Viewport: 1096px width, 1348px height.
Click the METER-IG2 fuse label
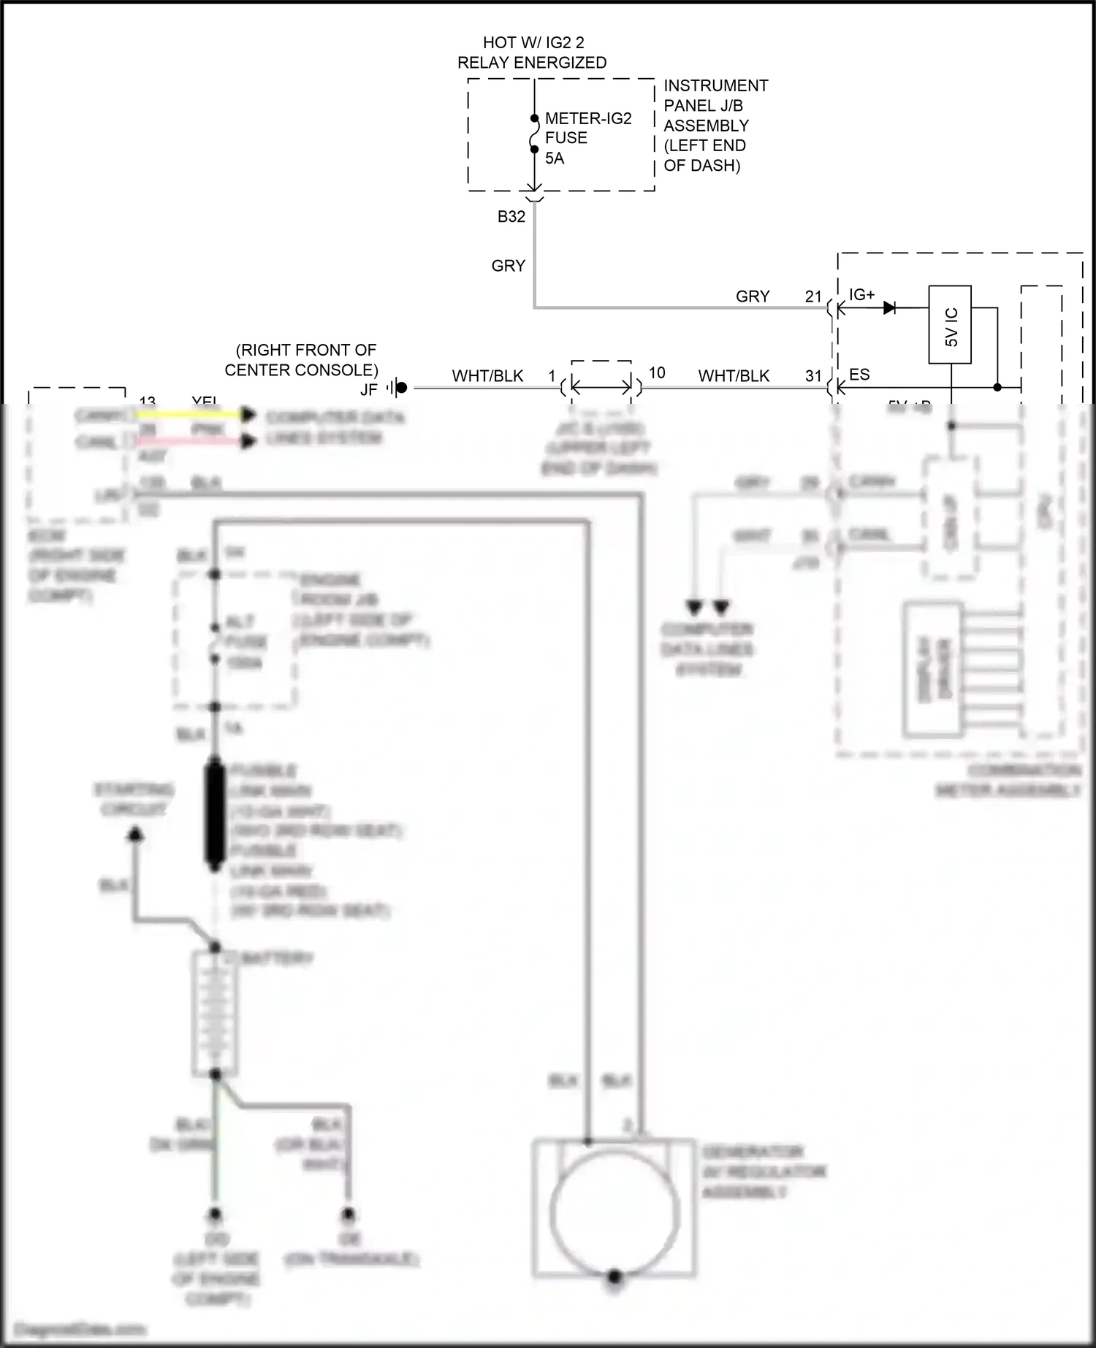(587, 118)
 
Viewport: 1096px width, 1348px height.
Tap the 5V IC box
(950, 324)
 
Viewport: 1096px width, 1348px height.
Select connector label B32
(511, 217)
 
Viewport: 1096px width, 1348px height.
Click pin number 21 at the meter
(813, 296)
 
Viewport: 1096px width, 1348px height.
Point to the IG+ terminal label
(861, 295)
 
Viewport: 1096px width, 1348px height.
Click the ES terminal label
(859, 375)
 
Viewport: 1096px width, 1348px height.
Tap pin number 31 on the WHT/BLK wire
(813, 376)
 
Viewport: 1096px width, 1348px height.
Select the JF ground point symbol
(397, 388)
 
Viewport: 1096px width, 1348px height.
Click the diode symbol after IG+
(890, 308)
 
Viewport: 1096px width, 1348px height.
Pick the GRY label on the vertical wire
(509, 266)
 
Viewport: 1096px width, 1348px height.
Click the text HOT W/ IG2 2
(533, 43)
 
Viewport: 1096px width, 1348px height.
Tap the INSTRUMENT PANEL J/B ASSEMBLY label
(715, 126)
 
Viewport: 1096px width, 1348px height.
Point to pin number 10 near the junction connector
(657, 373)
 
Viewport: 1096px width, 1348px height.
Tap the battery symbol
(215, 1012)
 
